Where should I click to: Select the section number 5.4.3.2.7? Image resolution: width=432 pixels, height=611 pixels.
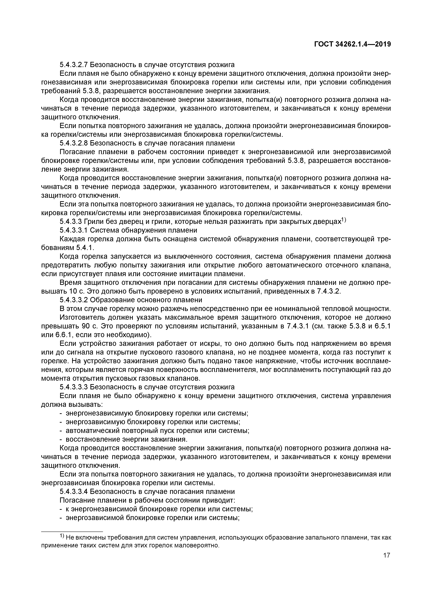point(74,65)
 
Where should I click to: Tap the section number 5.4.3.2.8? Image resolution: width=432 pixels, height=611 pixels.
point(74,143)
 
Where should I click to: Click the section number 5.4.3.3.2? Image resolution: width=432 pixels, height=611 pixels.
point(74,300)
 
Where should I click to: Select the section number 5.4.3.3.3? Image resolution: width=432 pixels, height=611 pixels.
point(74,387)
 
